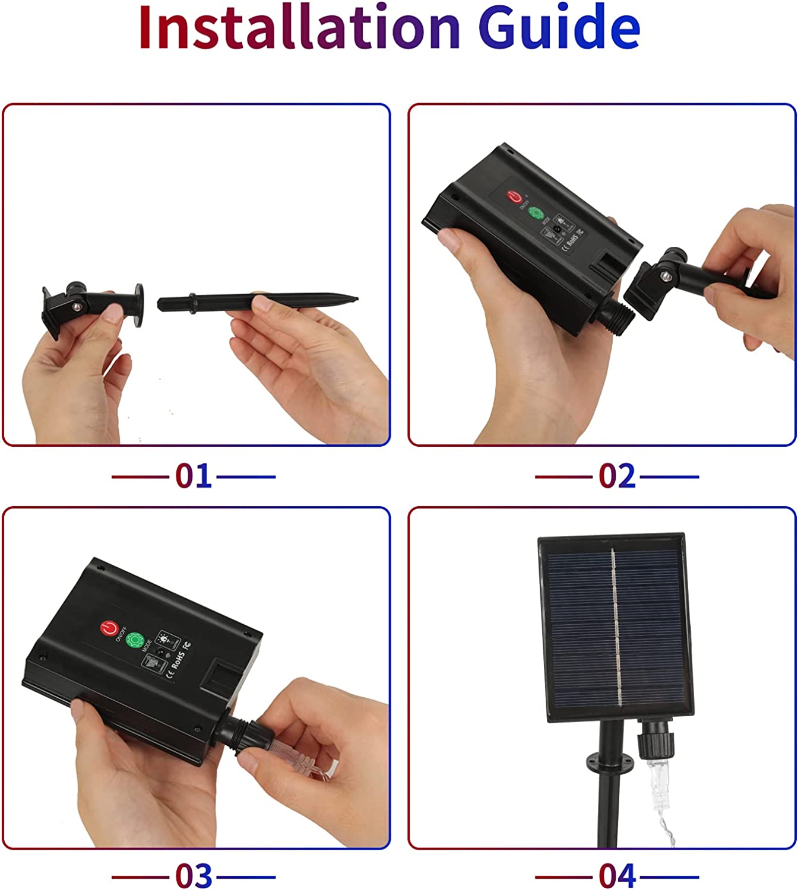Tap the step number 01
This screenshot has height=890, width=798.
tap(194, 476)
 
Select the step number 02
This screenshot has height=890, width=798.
tap(617, 476)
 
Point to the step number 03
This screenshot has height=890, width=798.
tap(194, 876)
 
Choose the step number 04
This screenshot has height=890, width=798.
tap(617, 876)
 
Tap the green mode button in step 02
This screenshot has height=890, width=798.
tap(537, 214)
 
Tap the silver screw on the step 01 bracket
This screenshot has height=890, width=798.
tap(77, 306)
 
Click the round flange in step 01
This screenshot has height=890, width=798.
tap(139, 305)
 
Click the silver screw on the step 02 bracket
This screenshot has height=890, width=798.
tap(668, 276)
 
